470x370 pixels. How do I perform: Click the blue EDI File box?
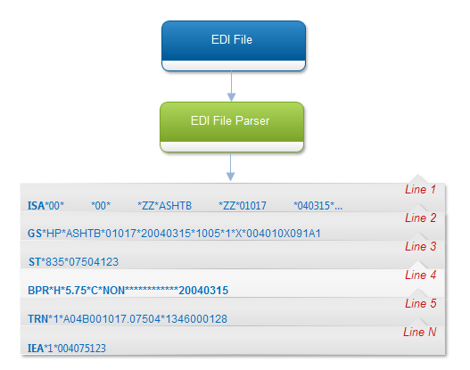234,45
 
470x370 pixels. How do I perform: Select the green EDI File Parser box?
232,127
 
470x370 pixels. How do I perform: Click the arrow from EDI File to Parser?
231,86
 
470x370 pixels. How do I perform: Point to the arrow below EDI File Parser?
230,167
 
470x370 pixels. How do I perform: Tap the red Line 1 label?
420,189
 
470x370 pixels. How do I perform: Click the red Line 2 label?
420,218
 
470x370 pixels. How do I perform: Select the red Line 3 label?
420,246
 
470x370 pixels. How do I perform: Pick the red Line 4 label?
420,275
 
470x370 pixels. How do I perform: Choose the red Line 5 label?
420,303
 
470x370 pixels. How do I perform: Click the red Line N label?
420,332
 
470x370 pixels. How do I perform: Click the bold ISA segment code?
36,206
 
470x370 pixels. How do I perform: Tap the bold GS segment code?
35,234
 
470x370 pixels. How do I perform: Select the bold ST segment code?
35,262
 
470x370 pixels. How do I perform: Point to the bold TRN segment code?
37,319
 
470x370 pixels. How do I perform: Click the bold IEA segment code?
36,348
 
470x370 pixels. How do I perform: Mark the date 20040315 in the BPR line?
203,291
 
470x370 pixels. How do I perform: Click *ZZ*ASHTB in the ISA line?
165,206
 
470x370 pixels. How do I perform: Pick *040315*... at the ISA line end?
318,206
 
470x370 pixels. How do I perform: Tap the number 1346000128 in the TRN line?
196,319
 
